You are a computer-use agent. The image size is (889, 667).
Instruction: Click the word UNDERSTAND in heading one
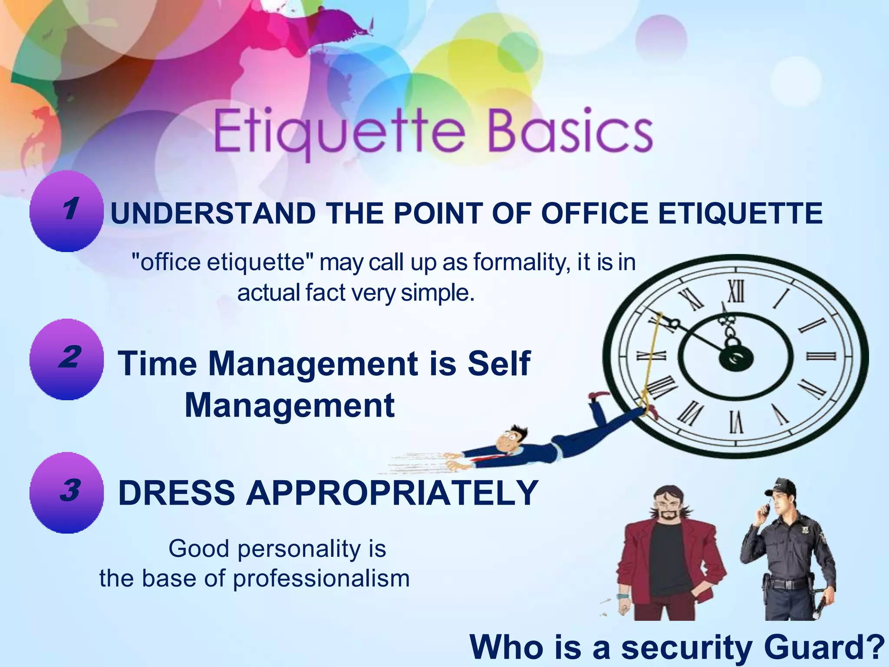[213, 214]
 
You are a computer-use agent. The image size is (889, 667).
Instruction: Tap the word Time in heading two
[158, 363]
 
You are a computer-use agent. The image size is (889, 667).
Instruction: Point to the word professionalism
[321, 578]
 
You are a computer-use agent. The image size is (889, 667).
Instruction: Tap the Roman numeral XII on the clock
[735, 291]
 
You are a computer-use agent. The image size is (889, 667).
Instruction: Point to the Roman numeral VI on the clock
[735, 422]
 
